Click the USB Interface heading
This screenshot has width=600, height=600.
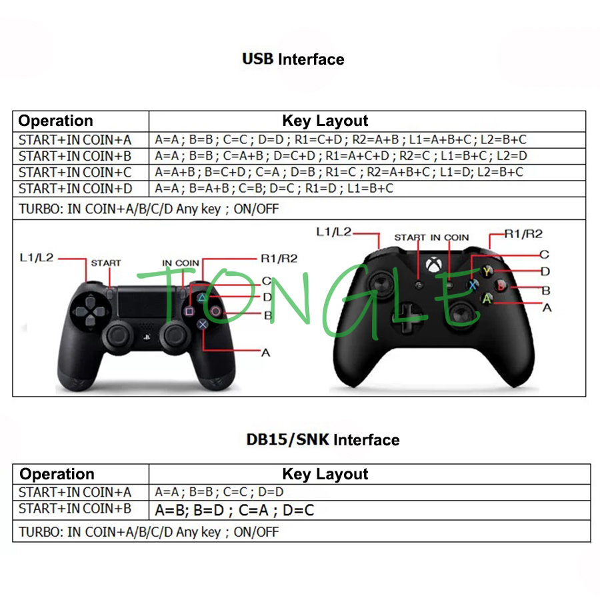[x=293, y=59]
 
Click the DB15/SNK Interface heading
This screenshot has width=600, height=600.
[x=323, y=440]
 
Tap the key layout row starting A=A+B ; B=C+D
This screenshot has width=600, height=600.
[x=339, y=172]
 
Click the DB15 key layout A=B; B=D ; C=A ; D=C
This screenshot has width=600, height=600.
[x=234, y=510]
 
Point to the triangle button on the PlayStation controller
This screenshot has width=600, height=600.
[x=201, y=298]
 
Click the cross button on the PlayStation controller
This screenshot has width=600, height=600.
[x=203, y=325]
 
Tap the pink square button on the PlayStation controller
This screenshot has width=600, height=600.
[x=189, y=311]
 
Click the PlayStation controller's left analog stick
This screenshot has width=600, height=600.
[x=118, y=336]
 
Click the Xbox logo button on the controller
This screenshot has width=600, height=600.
[x=434, y=265]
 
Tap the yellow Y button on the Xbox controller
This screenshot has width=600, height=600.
[x=487, y=271]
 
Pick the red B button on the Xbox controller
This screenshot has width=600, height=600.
[x=501, y=285]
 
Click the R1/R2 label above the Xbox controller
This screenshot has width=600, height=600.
[x=523, y=234]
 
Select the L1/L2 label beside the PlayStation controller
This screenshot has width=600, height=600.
[x=37, y=257]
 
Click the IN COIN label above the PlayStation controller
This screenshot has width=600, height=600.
[x=181, y=263]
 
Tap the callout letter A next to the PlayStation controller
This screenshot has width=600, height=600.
[x=265, y=353]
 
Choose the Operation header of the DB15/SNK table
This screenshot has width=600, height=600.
[x=57, y=474]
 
